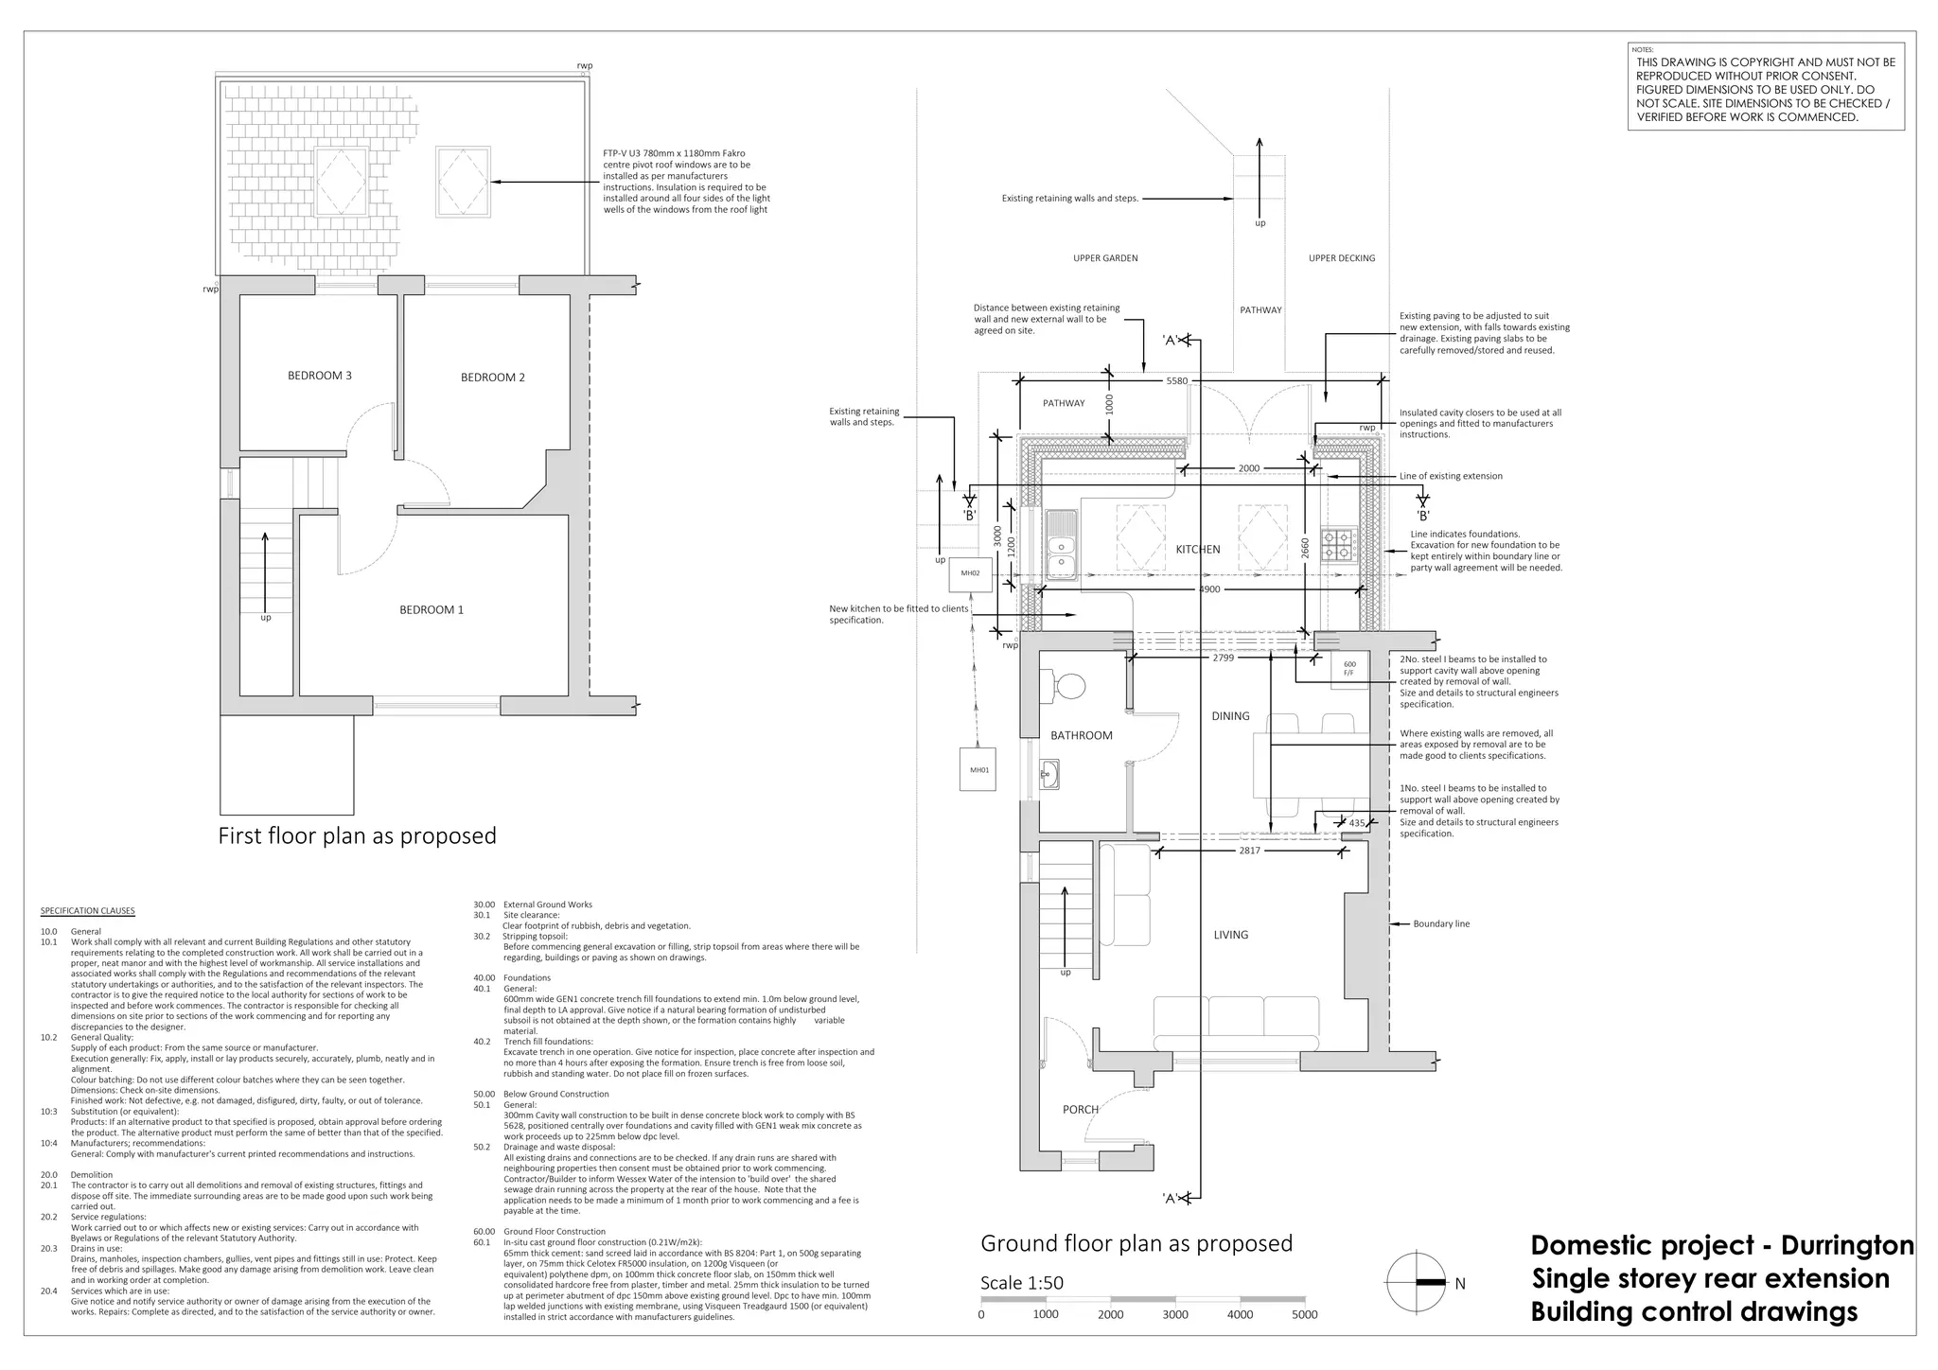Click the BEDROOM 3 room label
[x=319, y=376]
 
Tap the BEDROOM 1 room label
[x=432, y=610]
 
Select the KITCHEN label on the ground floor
[x=1197, y=550]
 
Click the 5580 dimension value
[x=1176, y=381]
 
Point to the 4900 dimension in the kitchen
[x=1209, y=589]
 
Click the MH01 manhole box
[x=978, y=770]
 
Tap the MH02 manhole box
[x=970, y=573]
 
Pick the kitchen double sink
[x=1061, y=546]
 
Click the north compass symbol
[x=1416, y=1282]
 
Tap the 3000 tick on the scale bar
[x=1174, y=1314]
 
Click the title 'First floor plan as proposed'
[x=357, y=836]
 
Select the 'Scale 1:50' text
[x=1021, y=1283]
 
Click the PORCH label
[x=1080, y=1110]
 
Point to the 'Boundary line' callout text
[x=1440, y=924]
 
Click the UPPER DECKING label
[x=1341, y=258]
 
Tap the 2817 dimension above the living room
[x=1249, y=852]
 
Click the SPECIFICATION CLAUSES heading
[x=87, y=911]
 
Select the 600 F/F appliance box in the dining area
[x=1349, y=668]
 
